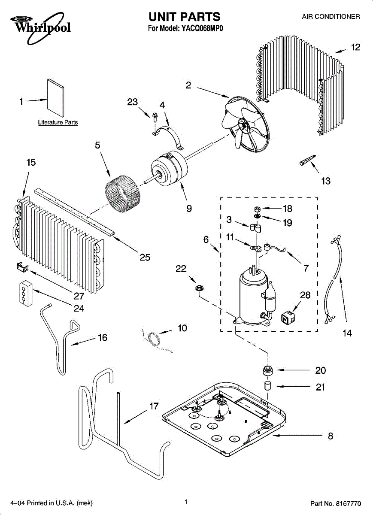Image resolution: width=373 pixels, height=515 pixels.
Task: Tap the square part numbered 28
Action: (287, 318)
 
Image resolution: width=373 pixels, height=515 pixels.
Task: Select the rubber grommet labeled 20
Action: (268, 370)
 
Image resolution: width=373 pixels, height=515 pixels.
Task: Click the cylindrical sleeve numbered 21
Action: (268, 385)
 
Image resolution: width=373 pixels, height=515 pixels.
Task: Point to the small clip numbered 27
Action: (21, 268)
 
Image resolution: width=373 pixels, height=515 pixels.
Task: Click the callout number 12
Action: (355, 48)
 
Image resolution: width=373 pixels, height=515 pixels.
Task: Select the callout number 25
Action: (145, 257)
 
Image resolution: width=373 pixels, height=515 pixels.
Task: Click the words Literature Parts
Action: (58, 123)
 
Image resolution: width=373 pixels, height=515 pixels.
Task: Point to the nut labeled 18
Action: (258, 209)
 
